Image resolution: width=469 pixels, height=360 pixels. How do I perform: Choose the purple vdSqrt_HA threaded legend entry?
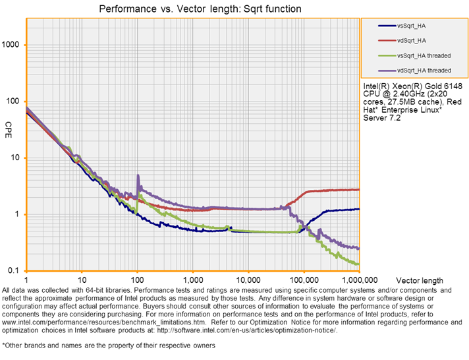click(424, 69)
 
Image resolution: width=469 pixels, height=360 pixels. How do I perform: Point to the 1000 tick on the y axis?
click(13, 45)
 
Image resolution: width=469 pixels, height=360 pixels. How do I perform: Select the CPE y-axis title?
click(9, 125)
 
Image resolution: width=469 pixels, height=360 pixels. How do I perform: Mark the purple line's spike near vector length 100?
click(138, 176)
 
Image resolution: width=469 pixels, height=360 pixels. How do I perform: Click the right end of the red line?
click(359, 189)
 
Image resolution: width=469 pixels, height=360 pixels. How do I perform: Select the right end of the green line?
click(359, 264)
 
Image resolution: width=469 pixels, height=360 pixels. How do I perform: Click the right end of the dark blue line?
click(359, 209)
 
